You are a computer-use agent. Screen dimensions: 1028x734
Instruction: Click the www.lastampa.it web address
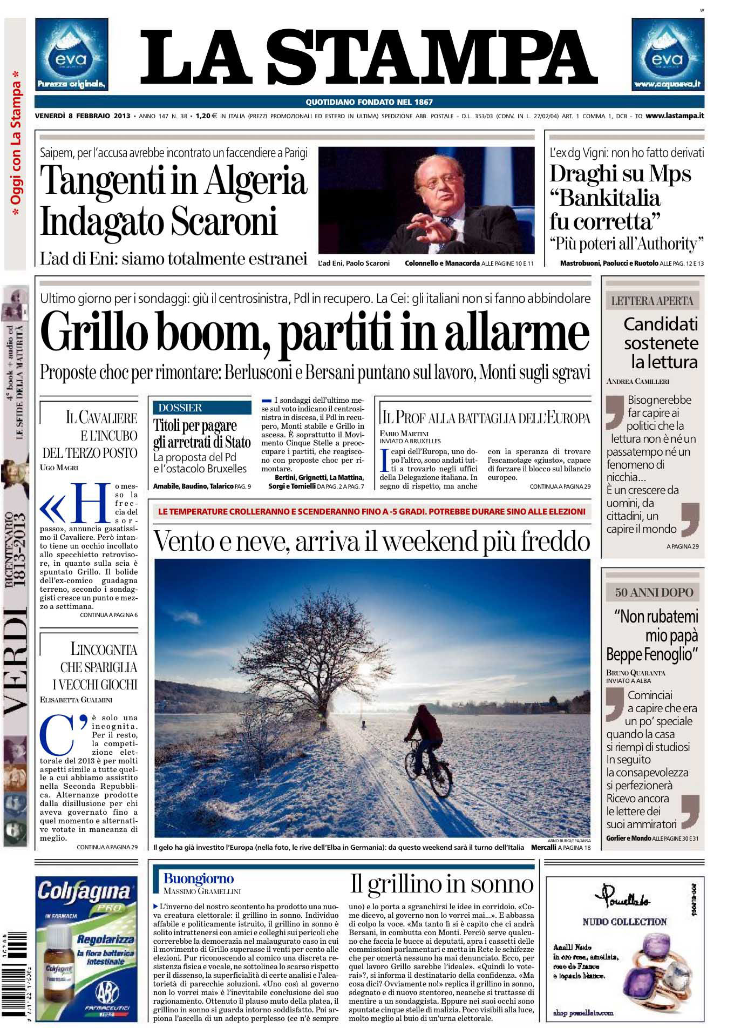pos(675,116)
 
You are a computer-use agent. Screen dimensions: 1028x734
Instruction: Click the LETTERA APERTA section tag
pos(652,301)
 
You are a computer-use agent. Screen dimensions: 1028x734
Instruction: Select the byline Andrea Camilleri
pos(637,381)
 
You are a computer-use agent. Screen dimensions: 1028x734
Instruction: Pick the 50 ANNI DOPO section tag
pos(654,592)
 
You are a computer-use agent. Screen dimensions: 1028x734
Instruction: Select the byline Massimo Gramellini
pos(202,891)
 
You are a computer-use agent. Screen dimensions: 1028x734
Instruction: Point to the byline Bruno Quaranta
pos(635,673)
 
